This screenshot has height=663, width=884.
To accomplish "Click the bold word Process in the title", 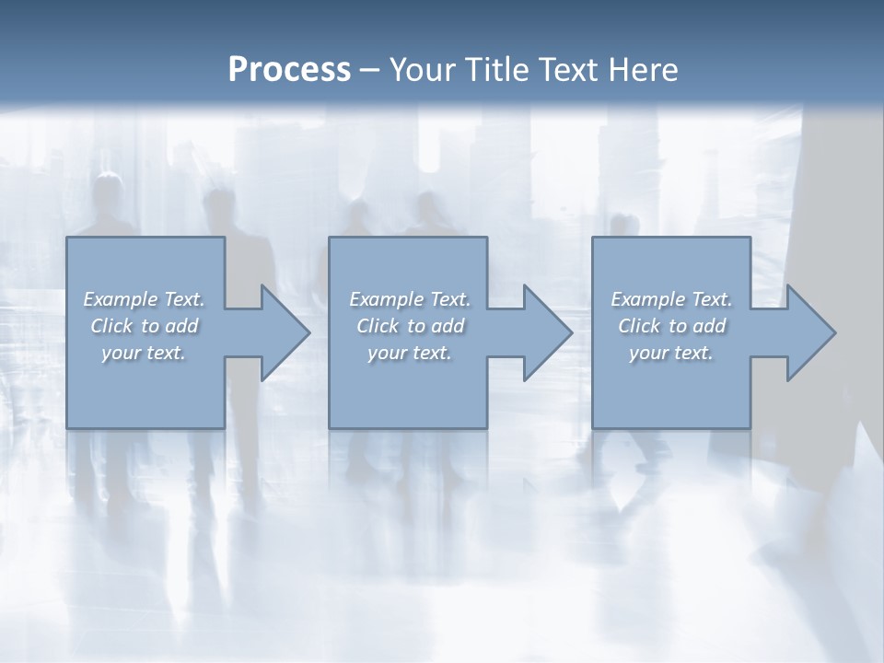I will pyautogui.click(x=289, y=70).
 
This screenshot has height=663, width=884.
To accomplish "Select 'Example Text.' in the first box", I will pyautogui.click(x=144, y=299).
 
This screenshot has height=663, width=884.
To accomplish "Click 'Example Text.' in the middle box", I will pyautogui.click(x=410, y=299).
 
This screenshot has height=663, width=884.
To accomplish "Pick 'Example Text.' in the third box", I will pyautogui.click(x=671, y=299).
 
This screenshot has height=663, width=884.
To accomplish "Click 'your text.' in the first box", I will pyautogui.click(x=144, y=353).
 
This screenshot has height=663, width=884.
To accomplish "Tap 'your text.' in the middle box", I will pyautogui.click(x=410, y=353).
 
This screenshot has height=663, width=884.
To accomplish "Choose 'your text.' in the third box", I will pyautogui.click(x=671, y=353).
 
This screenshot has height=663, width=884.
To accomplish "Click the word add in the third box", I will pyautogui.click(x=709, y=326).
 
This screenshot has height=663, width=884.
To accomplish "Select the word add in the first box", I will pyautogui.click(x=181, y=326).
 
